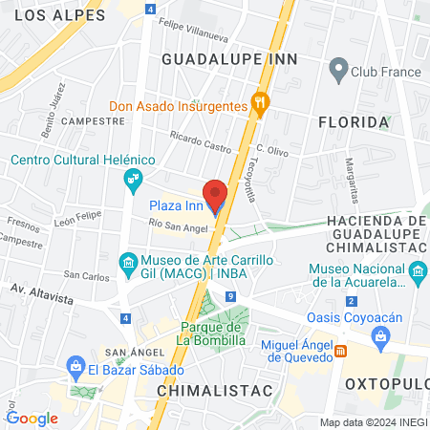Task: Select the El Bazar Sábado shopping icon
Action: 75,366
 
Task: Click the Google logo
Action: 32,418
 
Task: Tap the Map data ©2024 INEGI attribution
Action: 372,421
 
